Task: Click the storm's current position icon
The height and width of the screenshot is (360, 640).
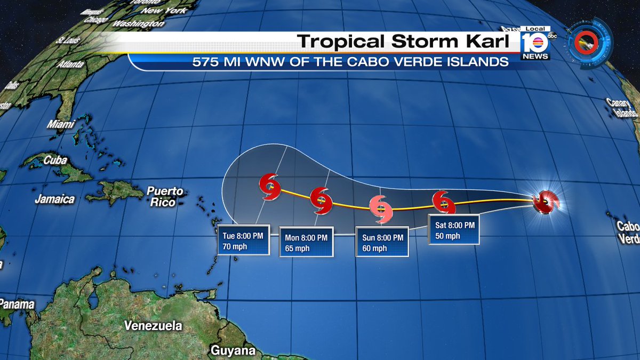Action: [x=546, y=202]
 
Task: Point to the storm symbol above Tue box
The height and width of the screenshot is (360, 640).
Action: [x=270, y=187]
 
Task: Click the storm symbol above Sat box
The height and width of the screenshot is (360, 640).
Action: [x=443, y=202]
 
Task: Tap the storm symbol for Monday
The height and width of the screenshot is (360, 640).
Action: [x=321, y=200]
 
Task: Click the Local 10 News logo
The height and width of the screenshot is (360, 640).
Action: [x=535, y=42]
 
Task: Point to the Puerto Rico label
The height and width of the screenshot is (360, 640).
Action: [x=165, y=196]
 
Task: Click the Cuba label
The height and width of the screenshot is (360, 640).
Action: [x=55, y=160]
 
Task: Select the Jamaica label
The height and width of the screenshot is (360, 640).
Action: [x=54, y=199]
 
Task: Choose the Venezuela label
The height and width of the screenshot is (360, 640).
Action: [x=153, y=325]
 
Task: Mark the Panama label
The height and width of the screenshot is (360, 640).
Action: [x=17, y=305]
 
